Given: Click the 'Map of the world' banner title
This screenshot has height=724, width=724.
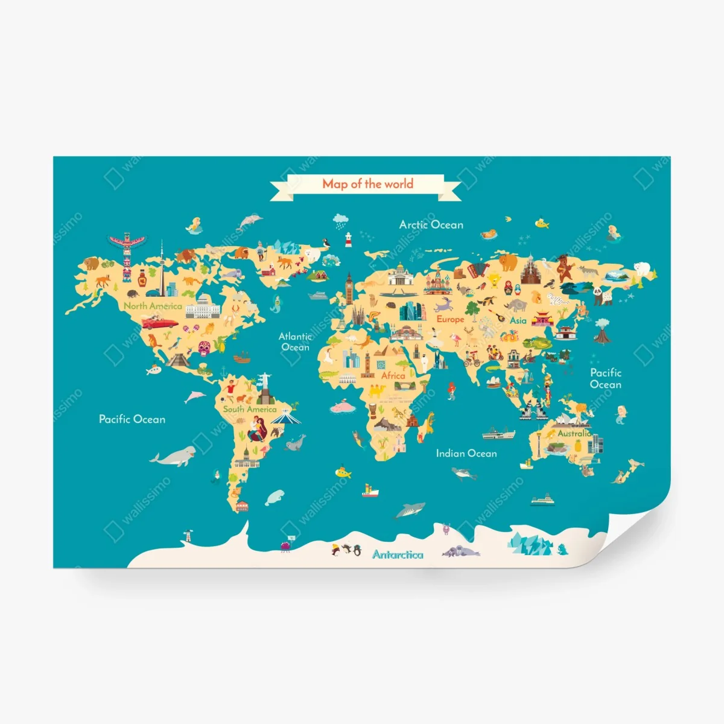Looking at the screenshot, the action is tap(367, 183).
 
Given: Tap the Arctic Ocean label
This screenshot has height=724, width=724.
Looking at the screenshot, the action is tap(431, 224).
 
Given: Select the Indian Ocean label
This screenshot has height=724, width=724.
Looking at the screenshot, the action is tap(466, 453).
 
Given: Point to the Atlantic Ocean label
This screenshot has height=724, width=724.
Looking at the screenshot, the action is tap(295, 341).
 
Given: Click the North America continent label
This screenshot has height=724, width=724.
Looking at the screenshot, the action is tap(153, 306).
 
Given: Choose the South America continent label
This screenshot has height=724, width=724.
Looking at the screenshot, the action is tap(249, 409).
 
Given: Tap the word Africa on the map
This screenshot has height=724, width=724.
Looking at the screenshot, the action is tap(393, 375).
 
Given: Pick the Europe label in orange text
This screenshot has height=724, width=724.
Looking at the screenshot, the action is tap(450, 319).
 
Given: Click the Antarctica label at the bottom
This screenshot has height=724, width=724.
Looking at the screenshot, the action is tap(398, 554).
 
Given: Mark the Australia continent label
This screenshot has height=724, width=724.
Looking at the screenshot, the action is tap(574, 433).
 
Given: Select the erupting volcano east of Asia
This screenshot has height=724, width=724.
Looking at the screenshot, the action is tap(602, 330).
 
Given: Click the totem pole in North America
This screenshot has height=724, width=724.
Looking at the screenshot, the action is tap(126, 256).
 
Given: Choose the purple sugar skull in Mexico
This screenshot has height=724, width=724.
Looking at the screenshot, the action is tap(204, 348).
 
